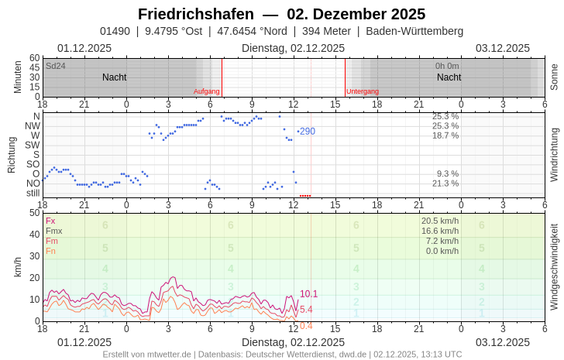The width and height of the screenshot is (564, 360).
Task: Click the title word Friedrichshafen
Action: click(x=195, y=14)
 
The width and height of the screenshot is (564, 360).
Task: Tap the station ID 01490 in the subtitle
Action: click(x=115, y=31)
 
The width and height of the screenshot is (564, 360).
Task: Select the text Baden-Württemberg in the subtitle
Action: click(x=414, y=31)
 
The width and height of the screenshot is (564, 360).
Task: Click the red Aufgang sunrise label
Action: click(x=207, y=91)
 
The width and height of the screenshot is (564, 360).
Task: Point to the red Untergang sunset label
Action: click(x=363, y=91)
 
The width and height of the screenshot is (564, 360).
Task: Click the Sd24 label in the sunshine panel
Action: click(x=56, y=66)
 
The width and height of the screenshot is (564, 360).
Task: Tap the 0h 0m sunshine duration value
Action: click(x=447, y=66)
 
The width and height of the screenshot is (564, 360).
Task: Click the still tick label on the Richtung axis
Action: click(x=33, y=193)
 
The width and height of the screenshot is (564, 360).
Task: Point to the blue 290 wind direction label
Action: click(x=308, y=132)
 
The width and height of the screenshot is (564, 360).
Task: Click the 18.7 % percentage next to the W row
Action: click(x=445, y=135)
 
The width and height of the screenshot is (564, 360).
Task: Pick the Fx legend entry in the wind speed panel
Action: click(x=50, y=221)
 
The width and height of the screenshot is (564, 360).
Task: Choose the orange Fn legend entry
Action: click(x=50, y=251)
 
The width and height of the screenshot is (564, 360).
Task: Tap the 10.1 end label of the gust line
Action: click(x=308, y=293)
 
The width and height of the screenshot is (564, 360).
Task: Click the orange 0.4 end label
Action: click(x=306, y=326)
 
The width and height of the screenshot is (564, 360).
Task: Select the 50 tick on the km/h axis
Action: click(x=33, y=213)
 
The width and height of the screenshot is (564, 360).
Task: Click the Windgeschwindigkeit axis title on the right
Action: click(x=554, y=266)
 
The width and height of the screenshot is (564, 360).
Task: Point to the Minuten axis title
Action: click(x=18, y=77)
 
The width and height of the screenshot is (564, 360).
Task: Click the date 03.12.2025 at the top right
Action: click(x=503, y=48)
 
